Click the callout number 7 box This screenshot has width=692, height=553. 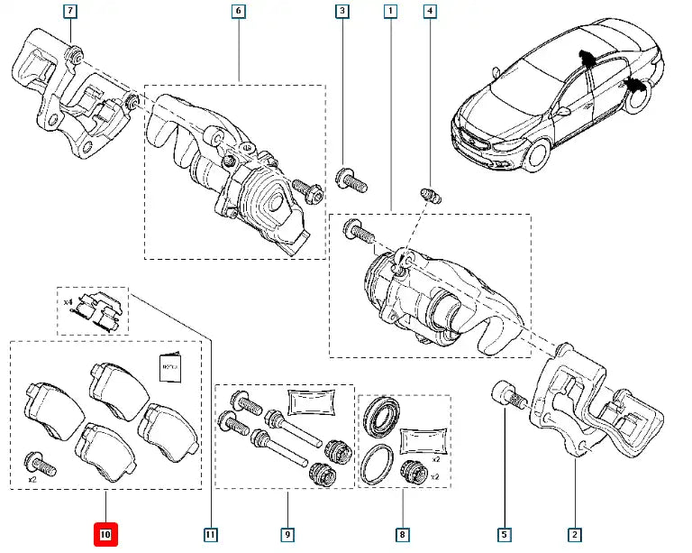[x=71, y=12]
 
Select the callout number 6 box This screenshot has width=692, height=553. [x=239, y=12]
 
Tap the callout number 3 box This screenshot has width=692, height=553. [x=342, y=12]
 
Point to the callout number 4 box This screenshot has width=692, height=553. [x=430, y=12]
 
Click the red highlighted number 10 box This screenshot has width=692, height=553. [x=105, y=536]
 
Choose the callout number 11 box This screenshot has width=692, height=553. [x=210, y=536]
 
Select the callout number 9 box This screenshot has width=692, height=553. [x=287, y=536]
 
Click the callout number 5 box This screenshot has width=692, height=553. [x=505, y=536]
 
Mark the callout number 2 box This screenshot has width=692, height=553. [x=573, y=536]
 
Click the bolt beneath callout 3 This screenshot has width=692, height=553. [x=351, y=179]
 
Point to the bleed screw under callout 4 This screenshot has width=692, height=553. [x=429, y=195]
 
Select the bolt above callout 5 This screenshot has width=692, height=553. [x=508, y=396]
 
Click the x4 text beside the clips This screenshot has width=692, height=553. [x=67, y=302]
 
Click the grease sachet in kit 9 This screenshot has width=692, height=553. [x=311, y=401]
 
